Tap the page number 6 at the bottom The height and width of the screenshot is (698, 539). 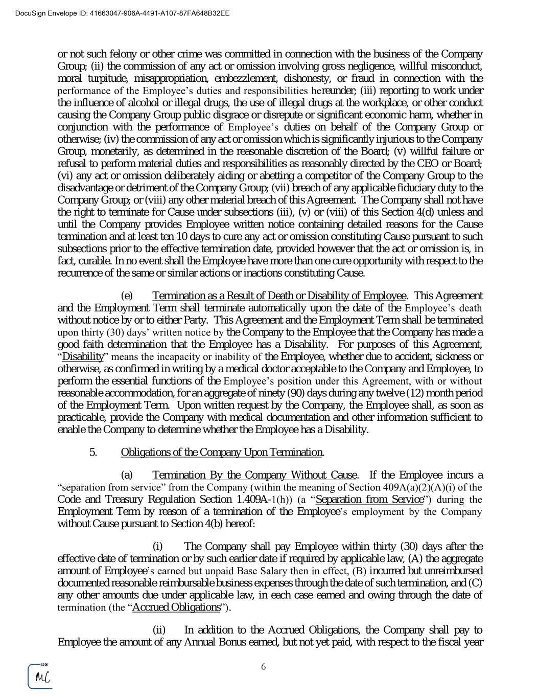(264, 666)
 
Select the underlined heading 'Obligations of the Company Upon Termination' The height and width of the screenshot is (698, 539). (222, 452)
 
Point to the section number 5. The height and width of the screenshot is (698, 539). (93, 452)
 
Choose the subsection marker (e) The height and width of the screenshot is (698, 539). (127, 296)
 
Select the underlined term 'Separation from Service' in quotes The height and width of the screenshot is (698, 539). (370, 499)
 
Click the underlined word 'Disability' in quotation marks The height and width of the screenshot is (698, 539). (83, 356)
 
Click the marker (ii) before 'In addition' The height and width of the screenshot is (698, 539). (158, 629)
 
